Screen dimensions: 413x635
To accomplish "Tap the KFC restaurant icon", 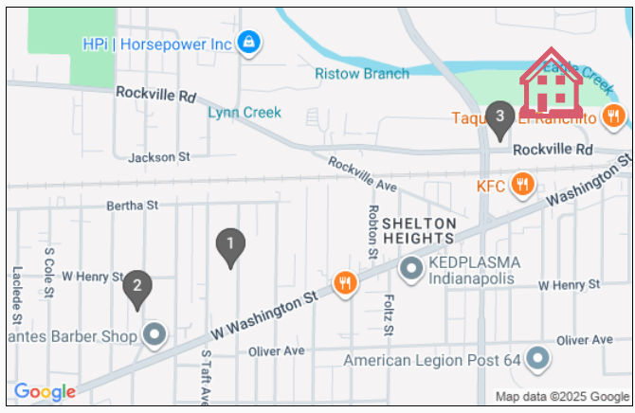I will (521, 184).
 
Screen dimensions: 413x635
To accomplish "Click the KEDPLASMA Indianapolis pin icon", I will (411, 269).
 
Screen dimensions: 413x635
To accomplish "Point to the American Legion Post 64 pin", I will (537, 359).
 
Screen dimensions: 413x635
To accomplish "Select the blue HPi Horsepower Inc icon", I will (249, 43).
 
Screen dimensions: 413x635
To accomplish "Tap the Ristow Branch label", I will (362, 73).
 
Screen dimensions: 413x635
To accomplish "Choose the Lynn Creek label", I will (245, 112).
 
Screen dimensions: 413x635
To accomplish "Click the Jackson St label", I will (159, 156).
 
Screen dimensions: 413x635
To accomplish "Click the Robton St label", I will (373, 233).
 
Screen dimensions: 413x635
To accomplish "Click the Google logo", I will (45, 392).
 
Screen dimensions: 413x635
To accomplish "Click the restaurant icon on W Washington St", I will (345, 282).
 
